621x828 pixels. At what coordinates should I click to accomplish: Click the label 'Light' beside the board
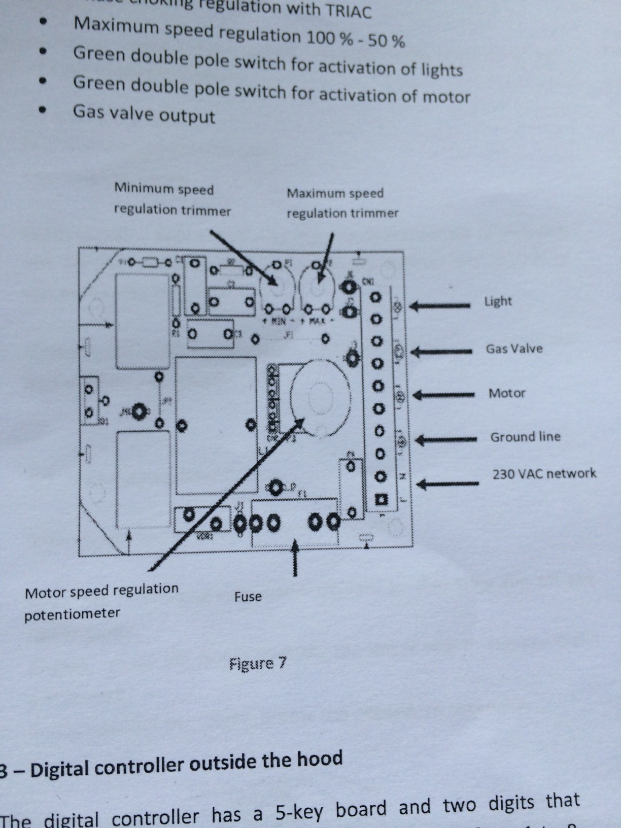tap(498, 301)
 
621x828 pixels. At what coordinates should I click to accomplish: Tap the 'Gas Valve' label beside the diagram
tap(514, 349)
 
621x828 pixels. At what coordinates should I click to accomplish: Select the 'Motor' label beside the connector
tap(506, 393)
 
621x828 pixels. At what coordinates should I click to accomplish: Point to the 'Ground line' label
tap(525, 437)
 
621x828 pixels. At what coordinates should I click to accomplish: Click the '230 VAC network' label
tap(544, 474)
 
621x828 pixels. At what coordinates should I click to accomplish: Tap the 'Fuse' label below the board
tap(248, 597)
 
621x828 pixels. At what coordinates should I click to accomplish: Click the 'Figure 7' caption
tap(258, 664)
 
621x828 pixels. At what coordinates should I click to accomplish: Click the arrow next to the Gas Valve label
tap(441, 351)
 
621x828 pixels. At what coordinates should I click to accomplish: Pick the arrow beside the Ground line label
tap(445, 439)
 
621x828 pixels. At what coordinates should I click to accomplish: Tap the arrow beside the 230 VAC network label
tap(447, 484)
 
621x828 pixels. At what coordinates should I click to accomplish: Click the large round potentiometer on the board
tap(320, 398)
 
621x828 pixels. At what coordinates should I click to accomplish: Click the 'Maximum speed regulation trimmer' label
tap(342, 203)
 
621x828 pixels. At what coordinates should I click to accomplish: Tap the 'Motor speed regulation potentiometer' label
tap(101, 602)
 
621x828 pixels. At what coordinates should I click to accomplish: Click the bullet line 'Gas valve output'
tap(144, 114)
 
